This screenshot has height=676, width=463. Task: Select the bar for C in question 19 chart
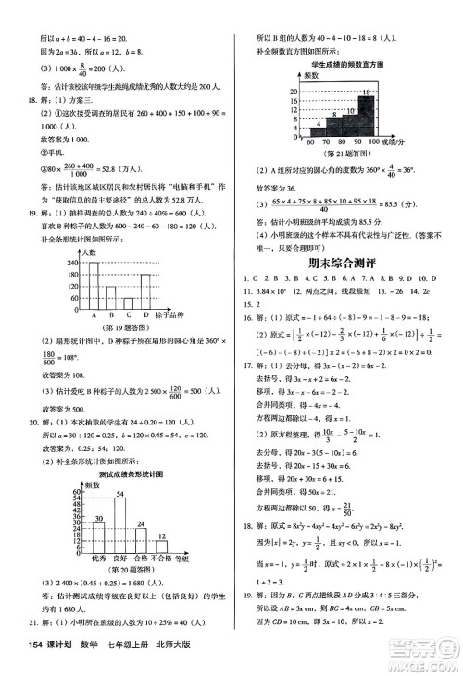pos(130,301)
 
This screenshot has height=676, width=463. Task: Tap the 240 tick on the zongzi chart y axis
pos(72,264)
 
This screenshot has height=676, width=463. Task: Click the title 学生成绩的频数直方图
pos(347,65)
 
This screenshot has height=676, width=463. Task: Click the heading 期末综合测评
pos(347,264)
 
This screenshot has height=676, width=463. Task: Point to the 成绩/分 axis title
pos(403,141)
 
